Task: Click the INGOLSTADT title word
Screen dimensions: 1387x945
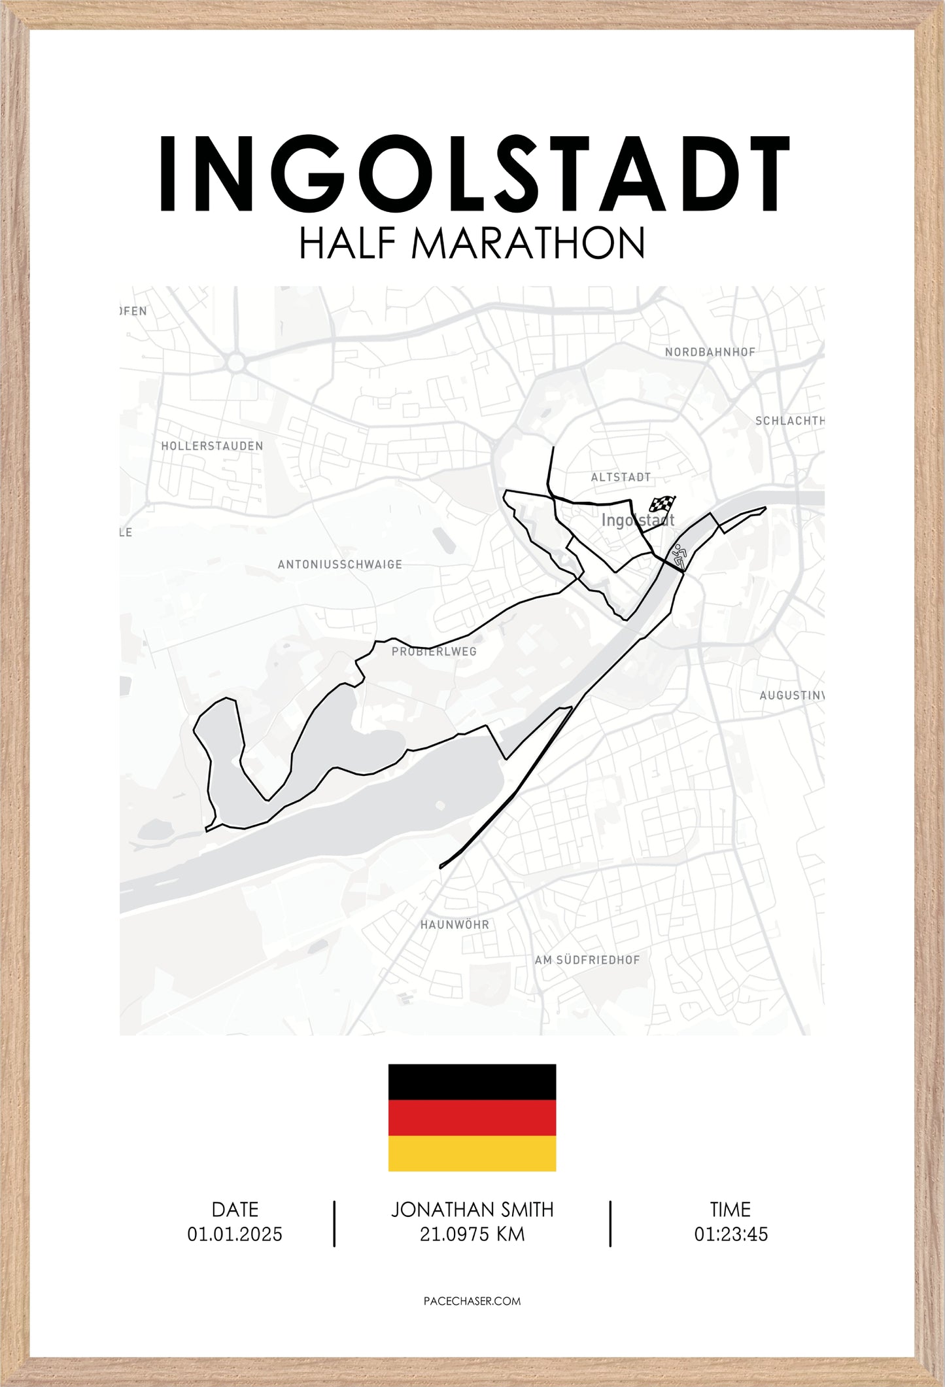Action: point(473,175)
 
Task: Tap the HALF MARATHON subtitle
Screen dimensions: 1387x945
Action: point(472,244)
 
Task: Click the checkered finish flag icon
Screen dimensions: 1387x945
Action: point(662,504)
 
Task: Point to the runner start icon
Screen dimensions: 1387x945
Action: point(679,556)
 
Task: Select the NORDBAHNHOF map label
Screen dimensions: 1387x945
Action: point(710,352)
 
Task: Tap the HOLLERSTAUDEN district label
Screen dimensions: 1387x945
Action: point(212,446)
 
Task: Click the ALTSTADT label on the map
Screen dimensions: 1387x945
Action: point(621,478)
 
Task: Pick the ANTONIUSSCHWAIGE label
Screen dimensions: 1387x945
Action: point(339,565)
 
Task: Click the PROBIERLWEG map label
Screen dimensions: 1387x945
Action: point(434,652)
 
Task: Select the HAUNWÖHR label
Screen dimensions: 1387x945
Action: point(455,925)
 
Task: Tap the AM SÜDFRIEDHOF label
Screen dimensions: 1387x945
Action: point(587,960)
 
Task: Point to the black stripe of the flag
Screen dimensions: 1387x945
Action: point(472,1081)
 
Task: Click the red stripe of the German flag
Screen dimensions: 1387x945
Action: point(472,1117)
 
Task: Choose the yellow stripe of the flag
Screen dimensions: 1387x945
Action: point(472,1153)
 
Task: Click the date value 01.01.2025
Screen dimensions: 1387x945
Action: point(235,1235)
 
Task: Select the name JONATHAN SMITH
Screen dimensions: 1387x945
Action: point(472,1210)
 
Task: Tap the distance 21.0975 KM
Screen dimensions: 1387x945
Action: point(472,1235)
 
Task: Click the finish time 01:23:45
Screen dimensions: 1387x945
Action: point(730,1235)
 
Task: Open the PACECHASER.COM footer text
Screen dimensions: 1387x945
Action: point(472,1301)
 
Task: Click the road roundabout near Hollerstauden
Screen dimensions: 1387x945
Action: point(236,362)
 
